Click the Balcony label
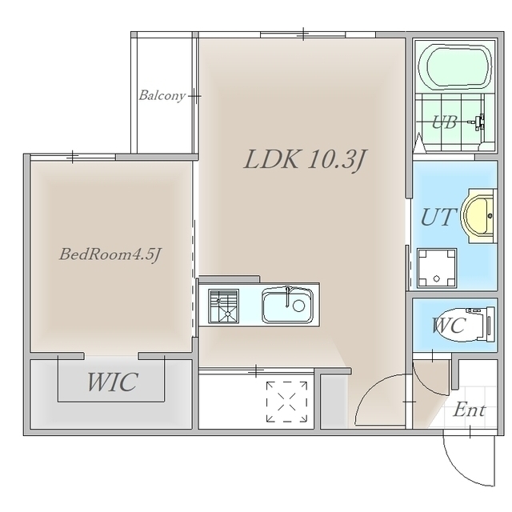[162, 96]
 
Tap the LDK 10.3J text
[306, 160]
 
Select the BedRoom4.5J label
[110, 254]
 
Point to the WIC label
[112, 382]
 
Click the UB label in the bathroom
[444, 122]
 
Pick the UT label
[438, 217]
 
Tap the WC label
[448, 326]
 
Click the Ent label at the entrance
[470, 410]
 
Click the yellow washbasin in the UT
[478, 216]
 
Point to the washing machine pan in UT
[437, 269]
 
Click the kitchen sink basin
[287, 305]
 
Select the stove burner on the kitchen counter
[224, 306]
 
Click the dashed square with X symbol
[286, 402]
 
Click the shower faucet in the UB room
[477, 122]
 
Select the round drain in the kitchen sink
[298, 306]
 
